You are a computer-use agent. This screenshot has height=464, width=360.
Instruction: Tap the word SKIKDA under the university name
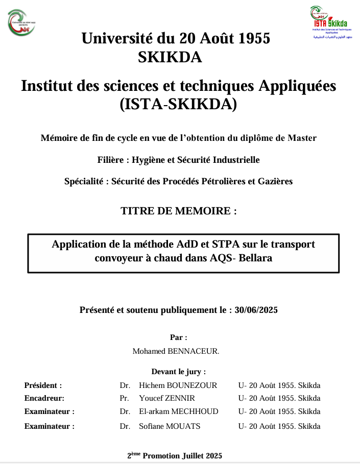(170, 58)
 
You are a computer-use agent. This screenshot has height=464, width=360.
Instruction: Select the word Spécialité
(85, 181)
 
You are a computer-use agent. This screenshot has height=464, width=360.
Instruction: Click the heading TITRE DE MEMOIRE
(178, 211)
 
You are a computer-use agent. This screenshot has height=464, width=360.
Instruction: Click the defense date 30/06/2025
(256, 309)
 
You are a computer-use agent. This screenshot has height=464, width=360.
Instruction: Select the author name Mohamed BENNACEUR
(176, 351)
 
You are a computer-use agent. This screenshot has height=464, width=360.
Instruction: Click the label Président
(43, 385)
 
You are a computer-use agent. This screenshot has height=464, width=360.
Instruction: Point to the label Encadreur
(44, 398)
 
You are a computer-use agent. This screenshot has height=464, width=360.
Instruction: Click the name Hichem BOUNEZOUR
(178, 385)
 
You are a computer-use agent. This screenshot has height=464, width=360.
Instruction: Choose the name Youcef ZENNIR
(166, 398)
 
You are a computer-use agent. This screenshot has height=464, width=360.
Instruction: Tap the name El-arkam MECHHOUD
(178, 411)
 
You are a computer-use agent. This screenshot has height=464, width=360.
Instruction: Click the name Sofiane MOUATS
(170, 426)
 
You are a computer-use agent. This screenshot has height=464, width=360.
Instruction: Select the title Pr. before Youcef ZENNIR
(124, 398)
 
